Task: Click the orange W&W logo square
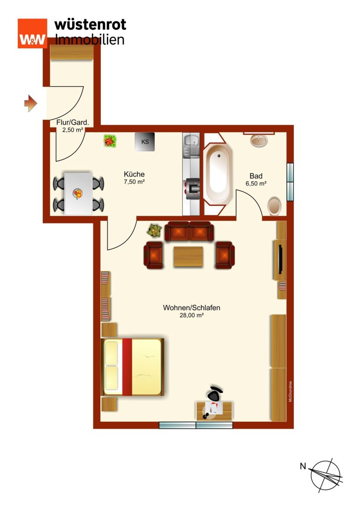point(32,33)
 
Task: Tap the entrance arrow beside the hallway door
point(30,103)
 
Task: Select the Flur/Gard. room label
point(73,122)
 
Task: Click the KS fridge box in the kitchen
point(144,142)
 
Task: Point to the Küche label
point(134,174)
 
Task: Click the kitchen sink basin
point(191,140)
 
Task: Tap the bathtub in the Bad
point(218,174)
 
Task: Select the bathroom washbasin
point(259,140)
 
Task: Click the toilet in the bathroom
point(275,206)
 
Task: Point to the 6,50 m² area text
point(256,183)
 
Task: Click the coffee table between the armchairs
point(188,257)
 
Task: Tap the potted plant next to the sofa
point(154,231)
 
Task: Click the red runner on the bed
point(127,367)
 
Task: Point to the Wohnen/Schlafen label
point(191,308)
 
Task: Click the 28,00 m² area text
point(191,315)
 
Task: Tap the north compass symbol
point(325,476)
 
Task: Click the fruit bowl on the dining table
point(78,193)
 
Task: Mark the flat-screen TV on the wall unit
point(280,259)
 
